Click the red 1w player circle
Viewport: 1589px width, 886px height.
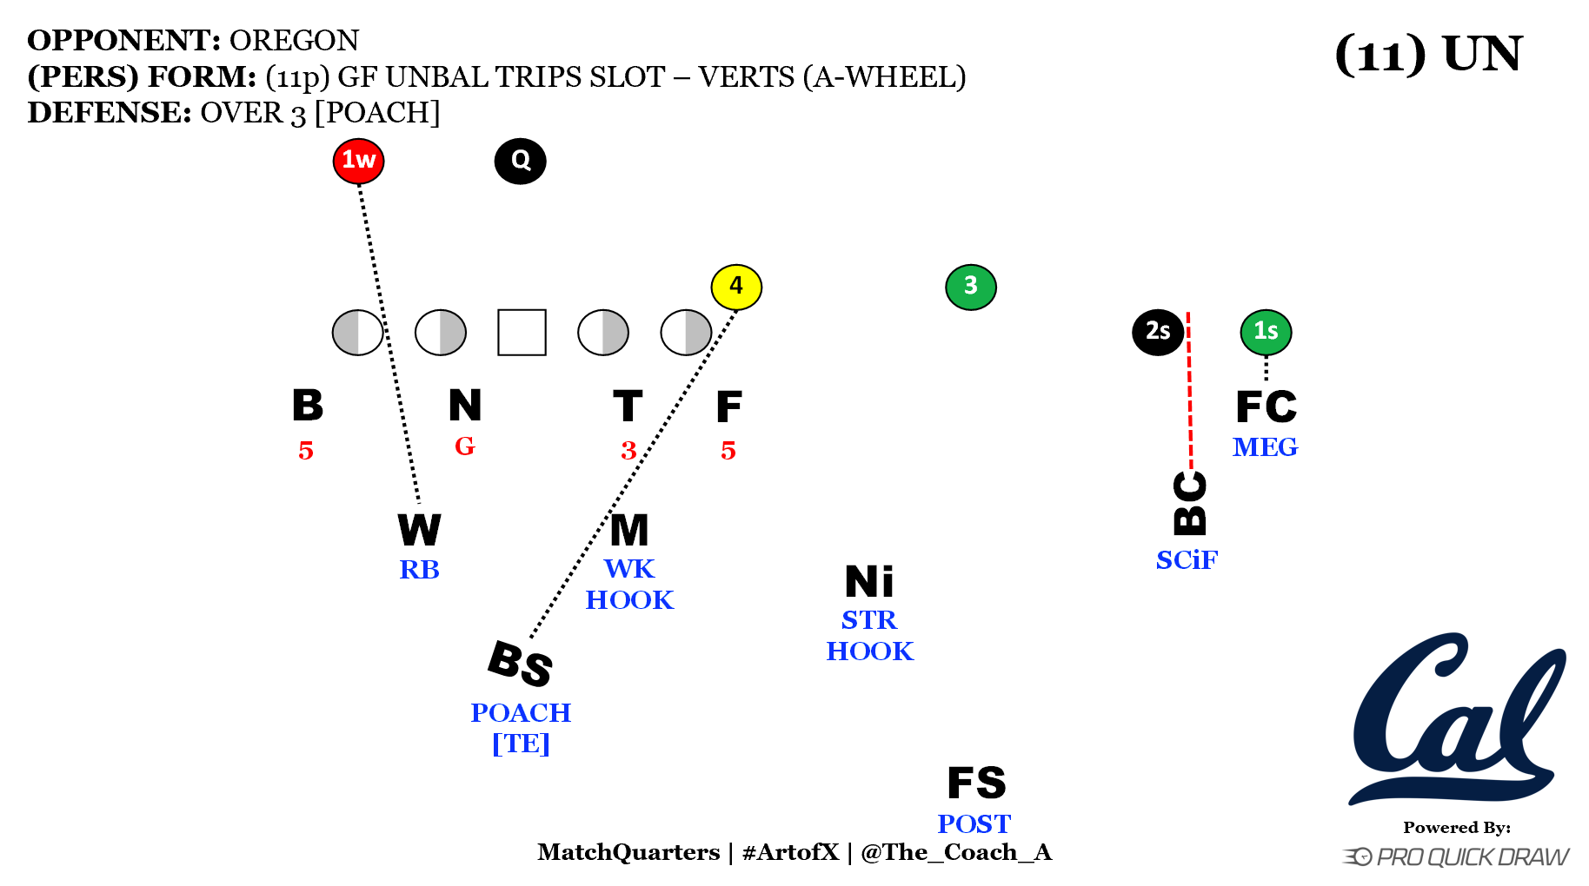point(358,161)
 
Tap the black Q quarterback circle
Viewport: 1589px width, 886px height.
point(520,161)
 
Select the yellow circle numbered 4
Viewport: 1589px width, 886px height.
point(736,287)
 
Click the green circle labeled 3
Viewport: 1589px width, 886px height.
point(970,287)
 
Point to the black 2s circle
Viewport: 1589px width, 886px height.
point(1157,332)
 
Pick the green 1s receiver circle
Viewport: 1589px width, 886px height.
point(1266,332)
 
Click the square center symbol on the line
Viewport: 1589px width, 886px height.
point(522,333)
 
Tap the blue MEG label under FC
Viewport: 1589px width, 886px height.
point(1265,447)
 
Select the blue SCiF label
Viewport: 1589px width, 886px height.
point(1187,560)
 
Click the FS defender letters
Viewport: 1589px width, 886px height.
point(976,784)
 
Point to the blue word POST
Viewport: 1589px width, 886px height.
point(974,823)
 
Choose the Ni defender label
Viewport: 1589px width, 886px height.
point(869,582)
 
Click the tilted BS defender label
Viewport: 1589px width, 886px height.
point(520,664)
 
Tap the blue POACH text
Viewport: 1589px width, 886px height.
point(521,713)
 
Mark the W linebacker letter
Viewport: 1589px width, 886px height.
point(419,530)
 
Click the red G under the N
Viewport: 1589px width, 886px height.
point(465,446)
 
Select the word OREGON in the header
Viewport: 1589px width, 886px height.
point(294,41)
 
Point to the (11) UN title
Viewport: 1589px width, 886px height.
point(1428,54)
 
